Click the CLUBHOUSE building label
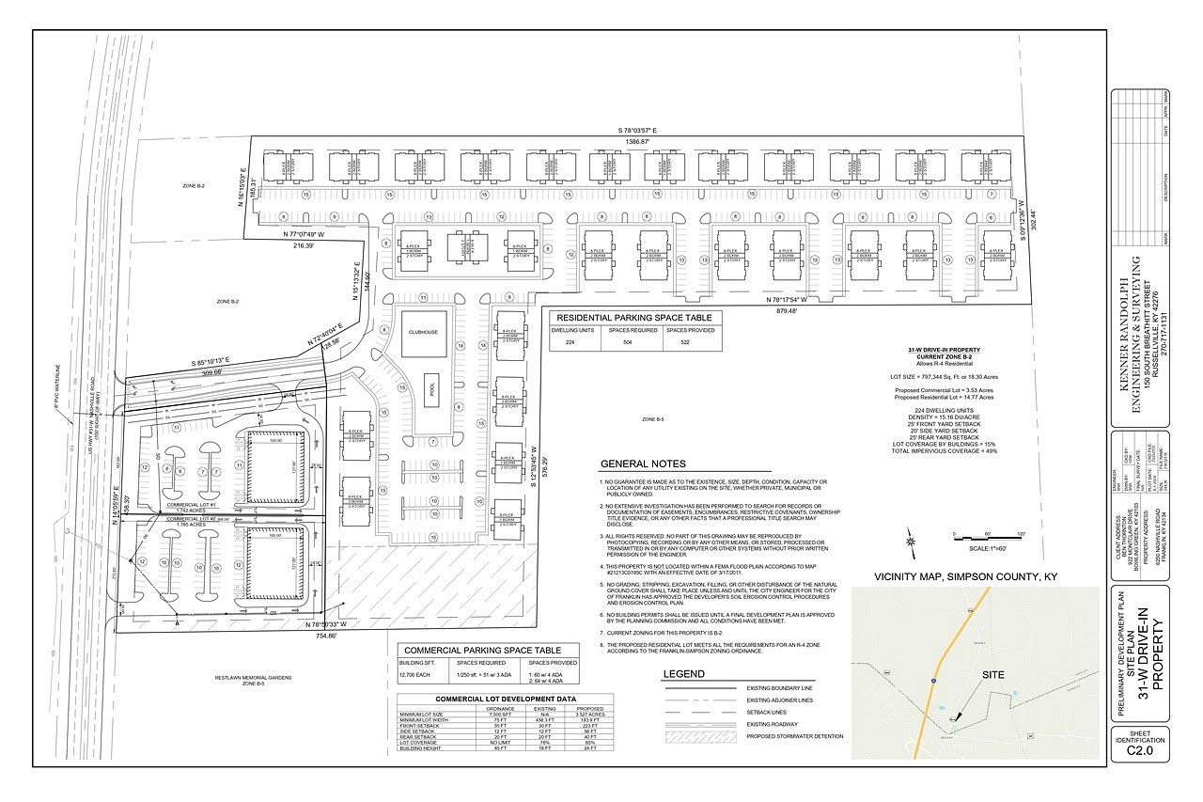419,332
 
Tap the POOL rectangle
431,387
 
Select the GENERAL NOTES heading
643,464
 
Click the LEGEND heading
683,674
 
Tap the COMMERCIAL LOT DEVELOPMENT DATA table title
505,699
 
